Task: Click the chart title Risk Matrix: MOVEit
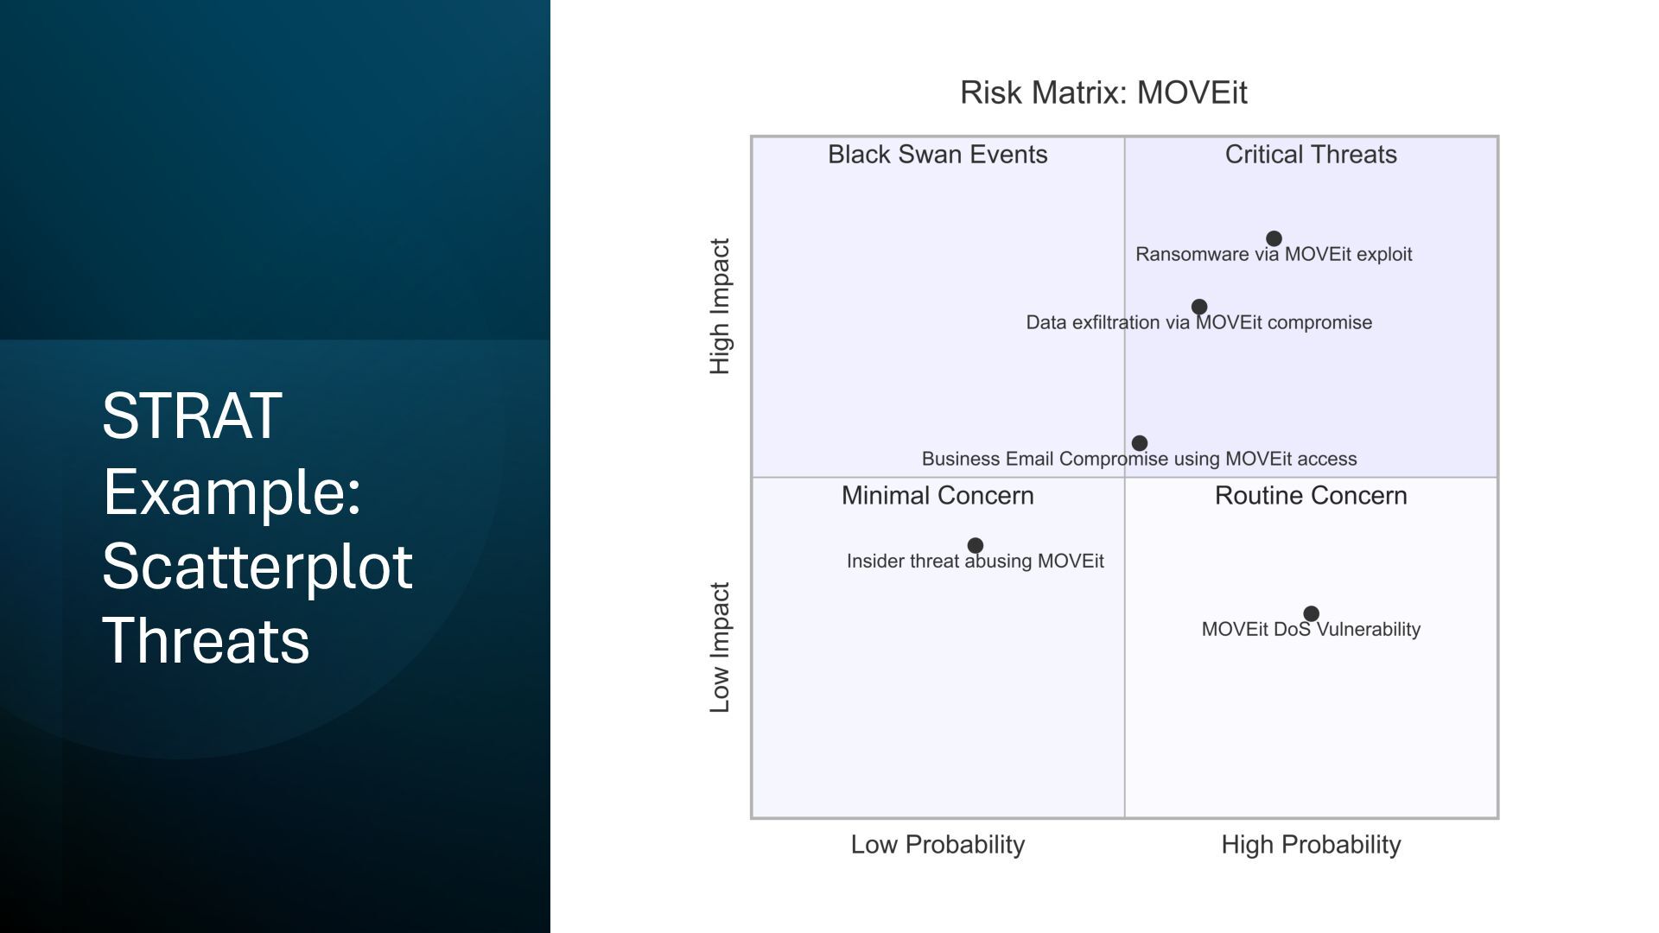point(1103,92)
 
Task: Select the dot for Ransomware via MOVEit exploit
point(1274,238)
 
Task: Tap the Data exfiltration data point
point(1199,307)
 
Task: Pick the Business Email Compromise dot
point(1140,443)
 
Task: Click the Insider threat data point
point(976,545)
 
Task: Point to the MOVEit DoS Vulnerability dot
point(1311,613)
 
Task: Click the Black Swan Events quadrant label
point(938,155)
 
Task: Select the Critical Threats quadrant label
point(1311,155)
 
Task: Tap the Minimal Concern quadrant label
point(938,496)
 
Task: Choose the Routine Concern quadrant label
point(1311,496)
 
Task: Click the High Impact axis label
point(720,307)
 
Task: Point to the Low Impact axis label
point(720,648)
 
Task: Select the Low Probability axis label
point(938,845)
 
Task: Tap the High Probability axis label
point(1311,845)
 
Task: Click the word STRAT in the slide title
point(192,416)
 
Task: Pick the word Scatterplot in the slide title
point(257,567)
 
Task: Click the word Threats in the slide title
point(206,641)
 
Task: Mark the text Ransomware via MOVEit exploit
point(1274,255)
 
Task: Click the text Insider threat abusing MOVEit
point(976,562)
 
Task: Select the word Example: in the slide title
point(232,492)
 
